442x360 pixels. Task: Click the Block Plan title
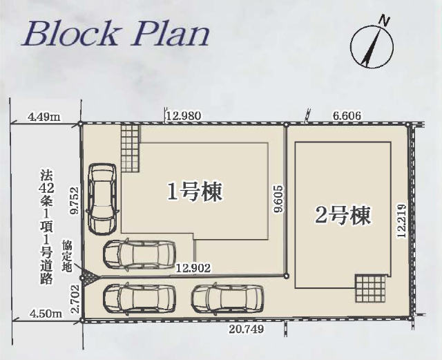point(115,33)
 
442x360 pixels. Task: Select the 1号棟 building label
point(196,192)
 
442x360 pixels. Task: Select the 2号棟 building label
point(343,216)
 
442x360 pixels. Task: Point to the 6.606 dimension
point(347,116)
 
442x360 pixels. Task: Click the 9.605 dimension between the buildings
point(278,200)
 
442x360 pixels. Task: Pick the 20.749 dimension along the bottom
point(245,330)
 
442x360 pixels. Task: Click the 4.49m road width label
point(44,116)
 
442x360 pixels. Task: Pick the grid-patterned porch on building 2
point(368,287)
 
